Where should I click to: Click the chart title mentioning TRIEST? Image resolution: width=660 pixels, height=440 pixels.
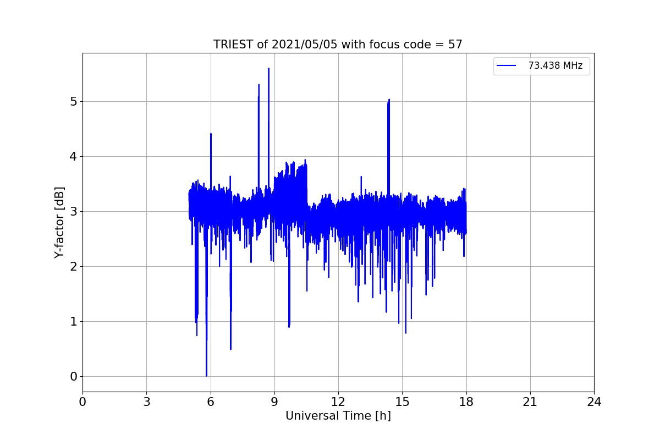[x=338, y=45]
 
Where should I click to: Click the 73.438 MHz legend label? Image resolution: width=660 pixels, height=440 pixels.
[x=555, y=65]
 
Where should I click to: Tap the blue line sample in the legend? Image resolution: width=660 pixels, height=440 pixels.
[x=506, y=65]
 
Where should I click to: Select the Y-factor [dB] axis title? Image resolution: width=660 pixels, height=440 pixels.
[x=59, y=223]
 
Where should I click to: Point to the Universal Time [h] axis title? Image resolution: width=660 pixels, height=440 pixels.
[x=338, y=416]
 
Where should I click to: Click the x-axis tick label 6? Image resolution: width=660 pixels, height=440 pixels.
[x=210, y=402]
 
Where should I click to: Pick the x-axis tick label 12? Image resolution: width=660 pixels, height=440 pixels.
[x=338, y=402]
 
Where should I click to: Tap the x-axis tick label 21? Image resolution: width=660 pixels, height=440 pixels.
[x=530, y=402]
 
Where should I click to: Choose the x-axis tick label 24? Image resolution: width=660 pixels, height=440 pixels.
[x=594, y=402]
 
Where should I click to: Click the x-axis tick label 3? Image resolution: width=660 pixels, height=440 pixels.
[x=147, y=402]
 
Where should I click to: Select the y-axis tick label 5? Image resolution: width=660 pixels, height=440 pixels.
[x=73, y=101]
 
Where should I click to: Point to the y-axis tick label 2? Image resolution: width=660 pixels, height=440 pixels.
[x=73, y=266]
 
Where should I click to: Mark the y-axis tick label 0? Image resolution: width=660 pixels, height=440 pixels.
[x=73, y=376]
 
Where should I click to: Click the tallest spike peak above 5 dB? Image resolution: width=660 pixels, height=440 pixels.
[x=269, y=69]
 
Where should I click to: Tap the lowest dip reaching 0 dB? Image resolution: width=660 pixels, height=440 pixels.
[x=207, y=376]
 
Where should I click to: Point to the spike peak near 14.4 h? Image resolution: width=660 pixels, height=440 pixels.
[x=389, y=100]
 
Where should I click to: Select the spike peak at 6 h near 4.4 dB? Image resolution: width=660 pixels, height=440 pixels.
[x=211, y=134]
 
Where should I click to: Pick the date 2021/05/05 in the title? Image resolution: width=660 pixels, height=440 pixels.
[x=304, y=45]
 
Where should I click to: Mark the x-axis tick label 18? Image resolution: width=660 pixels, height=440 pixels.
[x=466, y=402]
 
